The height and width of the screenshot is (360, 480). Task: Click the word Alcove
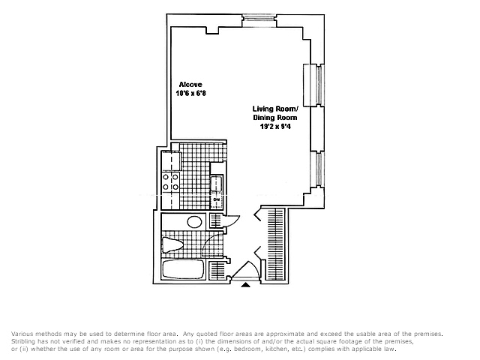tap(190, 85)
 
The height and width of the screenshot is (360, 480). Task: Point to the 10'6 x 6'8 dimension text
tap(190, 93)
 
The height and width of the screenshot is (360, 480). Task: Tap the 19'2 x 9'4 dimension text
tap(275, 126)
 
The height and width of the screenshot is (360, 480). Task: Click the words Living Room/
tap(275, 109)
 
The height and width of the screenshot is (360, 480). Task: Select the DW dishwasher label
tap(217, 200)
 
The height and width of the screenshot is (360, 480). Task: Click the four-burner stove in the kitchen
tap(171, 181)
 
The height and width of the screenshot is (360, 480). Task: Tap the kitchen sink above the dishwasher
tap(217, 184)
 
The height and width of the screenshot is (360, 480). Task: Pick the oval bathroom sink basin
tap(194, 222)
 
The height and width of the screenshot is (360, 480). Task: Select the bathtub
tap(183, 269)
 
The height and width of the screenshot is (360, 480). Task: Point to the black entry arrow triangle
tap(246, 285)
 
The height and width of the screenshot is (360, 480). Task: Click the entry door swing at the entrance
tap(247, 271)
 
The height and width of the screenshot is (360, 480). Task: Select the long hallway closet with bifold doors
tap(276, 244)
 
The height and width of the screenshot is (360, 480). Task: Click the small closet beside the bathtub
tap(217, 271)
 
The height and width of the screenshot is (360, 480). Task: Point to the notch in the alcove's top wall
tap(212, 30)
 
